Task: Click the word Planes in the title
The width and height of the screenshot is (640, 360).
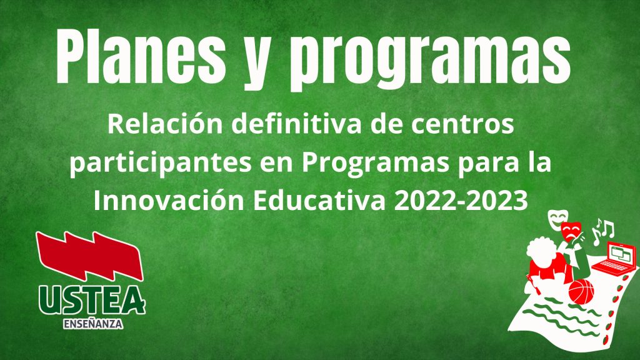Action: coord(141,56)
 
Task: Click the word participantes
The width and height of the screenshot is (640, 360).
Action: coord(161,163)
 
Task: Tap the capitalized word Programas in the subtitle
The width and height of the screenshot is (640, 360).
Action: coord(376,163)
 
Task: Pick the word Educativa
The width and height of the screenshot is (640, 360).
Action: coord(319,200)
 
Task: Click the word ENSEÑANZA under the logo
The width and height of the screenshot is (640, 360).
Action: coord(93,324)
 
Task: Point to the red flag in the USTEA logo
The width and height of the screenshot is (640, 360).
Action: coord(89,256)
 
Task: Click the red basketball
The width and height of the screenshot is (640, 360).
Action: coord(581,291)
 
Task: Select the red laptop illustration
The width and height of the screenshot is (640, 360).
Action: coord(615,257)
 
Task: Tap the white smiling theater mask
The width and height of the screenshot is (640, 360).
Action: coord(556,221)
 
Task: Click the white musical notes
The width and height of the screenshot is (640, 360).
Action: coord(603,231)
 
